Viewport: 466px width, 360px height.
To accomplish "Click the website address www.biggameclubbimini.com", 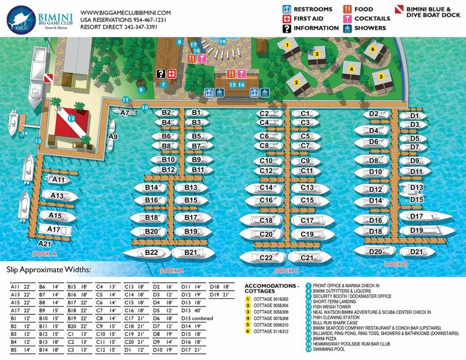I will [x=125, y=12].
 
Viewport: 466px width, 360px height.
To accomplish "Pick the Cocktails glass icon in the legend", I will [x=348, y=19].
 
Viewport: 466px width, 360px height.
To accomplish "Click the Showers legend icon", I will [x=348, y=28].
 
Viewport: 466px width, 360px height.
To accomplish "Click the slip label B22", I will [x=151, y=253].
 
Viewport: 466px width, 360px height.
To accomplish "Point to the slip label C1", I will [x=305, y=114].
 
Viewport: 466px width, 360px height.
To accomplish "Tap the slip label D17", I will [x=416, y=216].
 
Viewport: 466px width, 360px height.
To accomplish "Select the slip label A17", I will [x=54, y=229].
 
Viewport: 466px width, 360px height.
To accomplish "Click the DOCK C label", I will [x=287, y=271].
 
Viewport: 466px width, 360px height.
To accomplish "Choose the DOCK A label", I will [x=44, y=253].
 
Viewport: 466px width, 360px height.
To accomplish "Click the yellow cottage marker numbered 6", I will [x=373, y=49].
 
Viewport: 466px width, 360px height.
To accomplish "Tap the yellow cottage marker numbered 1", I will [x=287, y=45].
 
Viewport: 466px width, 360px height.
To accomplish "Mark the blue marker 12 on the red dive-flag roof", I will [x=71, y=118].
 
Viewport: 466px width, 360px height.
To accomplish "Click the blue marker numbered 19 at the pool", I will [x=222, y=41].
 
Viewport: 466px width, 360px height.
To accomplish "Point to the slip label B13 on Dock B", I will [x=191, y=188].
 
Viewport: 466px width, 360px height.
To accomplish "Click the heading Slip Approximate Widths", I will [x=49, y=269].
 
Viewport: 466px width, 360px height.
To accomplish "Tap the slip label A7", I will [x=125, y=112].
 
